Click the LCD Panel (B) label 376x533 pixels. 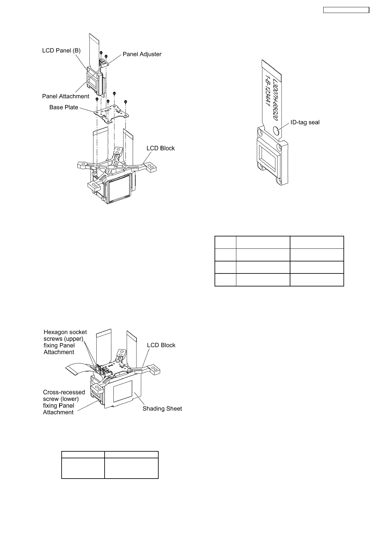(61, 51)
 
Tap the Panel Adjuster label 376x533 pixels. (142, 54)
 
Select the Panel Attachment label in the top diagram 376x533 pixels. (66, 96)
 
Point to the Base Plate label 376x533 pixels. (64, 107)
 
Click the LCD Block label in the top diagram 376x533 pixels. (161, 148)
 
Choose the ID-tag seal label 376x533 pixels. (305, 122)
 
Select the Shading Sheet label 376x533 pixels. (162, 409)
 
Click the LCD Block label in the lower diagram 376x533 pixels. (161, 345)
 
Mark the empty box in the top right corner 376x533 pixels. (346, 10)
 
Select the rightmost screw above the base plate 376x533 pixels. (126, 102)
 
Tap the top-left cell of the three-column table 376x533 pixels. (225, 242)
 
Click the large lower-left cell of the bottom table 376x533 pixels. (83, 468)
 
